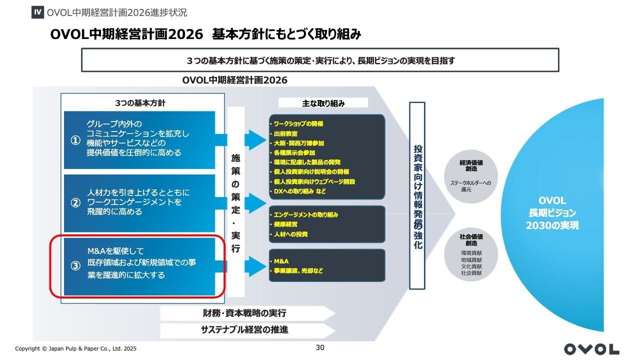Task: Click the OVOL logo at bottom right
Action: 591,349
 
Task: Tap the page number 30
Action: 320,347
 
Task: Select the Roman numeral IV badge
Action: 37,12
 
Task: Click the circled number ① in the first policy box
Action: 75,141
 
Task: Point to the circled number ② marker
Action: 75,203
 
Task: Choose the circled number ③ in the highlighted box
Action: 75,266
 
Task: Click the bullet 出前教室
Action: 285,133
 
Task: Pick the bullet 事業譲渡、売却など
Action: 298,271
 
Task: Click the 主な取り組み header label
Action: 323,103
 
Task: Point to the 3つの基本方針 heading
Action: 140,103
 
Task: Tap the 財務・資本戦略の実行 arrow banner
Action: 245,313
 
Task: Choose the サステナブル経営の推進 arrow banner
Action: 245,330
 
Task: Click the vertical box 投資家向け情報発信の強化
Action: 417,196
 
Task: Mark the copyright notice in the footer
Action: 75,348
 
